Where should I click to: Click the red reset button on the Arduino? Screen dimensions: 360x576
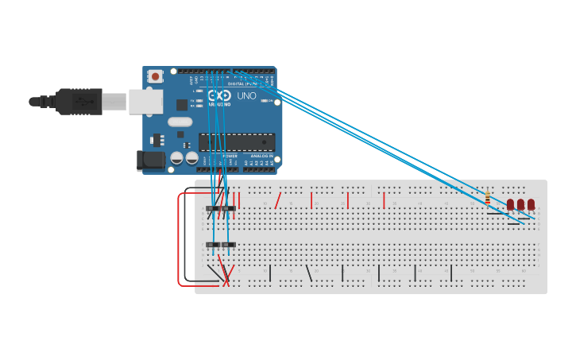155,76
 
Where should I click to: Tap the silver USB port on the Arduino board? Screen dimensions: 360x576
146,102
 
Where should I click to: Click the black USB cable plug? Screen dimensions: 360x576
79,102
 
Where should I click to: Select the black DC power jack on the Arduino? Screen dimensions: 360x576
150,161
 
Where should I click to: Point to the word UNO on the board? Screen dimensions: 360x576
246,95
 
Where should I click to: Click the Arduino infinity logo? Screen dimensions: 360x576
219,95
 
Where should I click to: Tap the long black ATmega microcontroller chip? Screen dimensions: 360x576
236,142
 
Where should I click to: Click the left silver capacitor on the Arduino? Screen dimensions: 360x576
177,157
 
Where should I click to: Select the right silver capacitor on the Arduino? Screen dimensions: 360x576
191,157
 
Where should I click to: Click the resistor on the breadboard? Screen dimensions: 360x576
487,198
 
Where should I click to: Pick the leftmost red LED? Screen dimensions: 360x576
510,204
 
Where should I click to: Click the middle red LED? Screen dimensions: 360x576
520,204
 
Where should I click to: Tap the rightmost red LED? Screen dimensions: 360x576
531,204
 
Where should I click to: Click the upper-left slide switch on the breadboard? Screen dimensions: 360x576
213,209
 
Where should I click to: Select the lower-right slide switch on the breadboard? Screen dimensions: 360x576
229,245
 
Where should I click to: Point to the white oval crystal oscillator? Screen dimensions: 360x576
180,122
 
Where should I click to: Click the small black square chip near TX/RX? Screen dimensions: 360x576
182,104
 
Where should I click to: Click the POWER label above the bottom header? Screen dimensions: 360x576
230,157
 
